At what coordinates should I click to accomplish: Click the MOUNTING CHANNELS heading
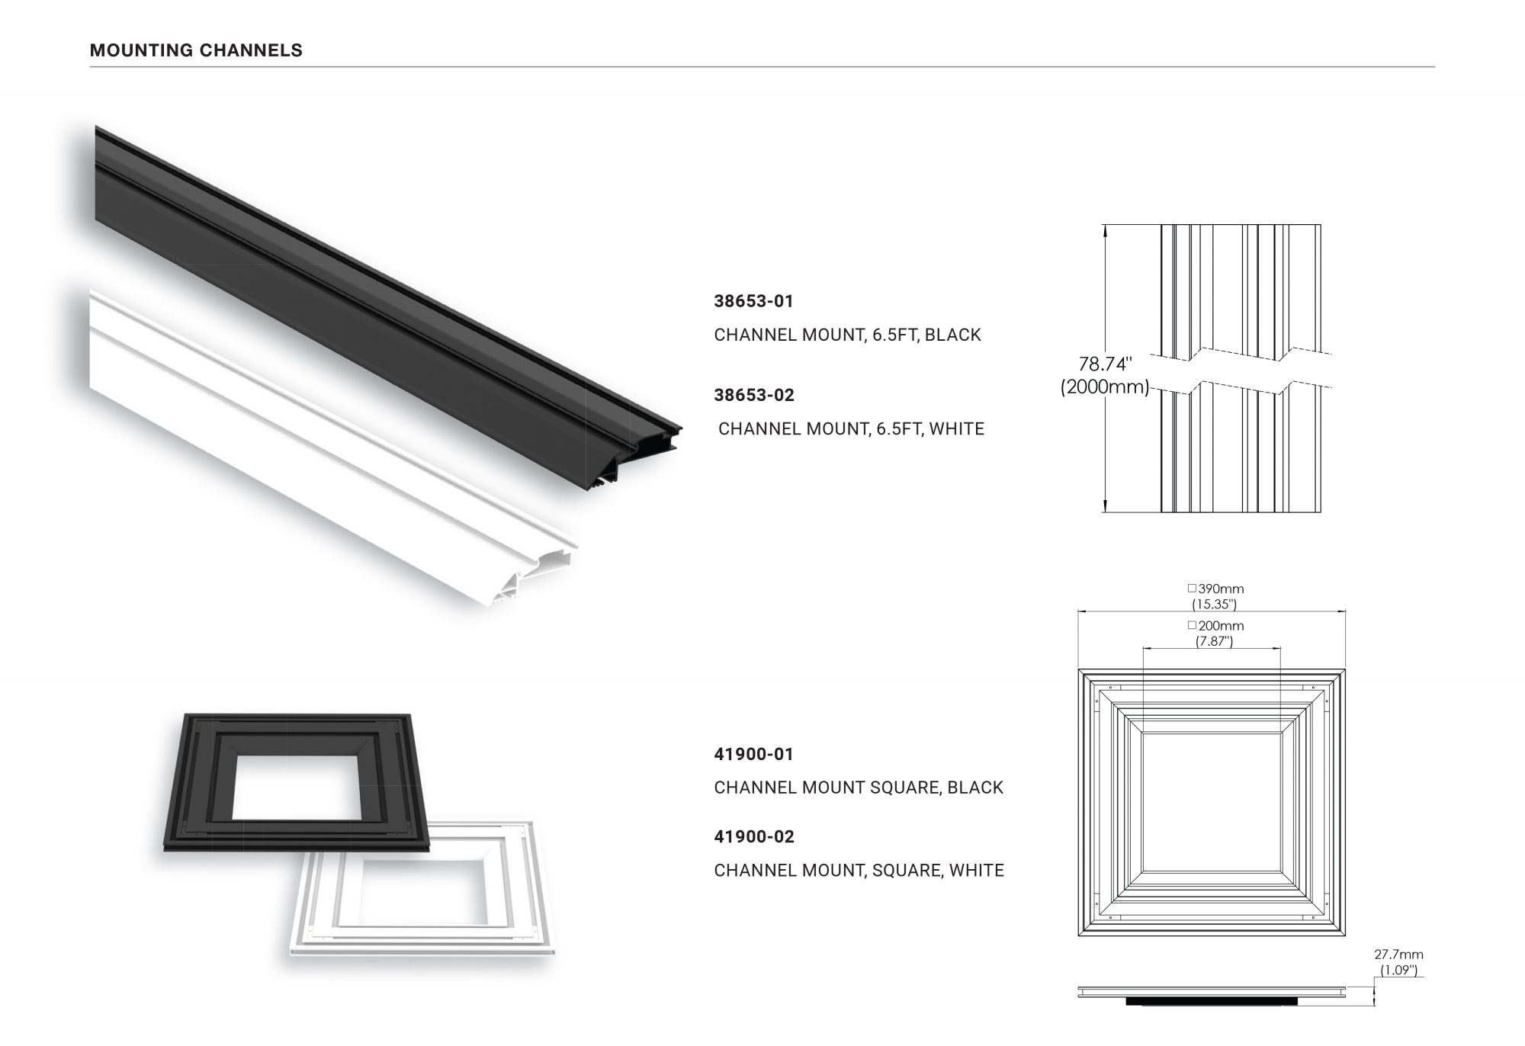(196, 50)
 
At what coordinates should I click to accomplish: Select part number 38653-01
(753, 301)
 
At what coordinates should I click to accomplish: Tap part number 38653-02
(753, 395)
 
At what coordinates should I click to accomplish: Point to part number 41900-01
(753, 754)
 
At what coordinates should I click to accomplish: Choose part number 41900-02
(753, 836)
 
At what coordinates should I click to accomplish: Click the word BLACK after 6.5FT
(952, 335)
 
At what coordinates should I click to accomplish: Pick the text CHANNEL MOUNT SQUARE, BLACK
(858, 788)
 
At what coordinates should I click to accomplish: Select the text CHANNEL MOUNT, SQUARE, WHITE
(859, 870)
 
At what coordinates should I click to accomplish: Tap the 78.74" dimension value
(1105, 364)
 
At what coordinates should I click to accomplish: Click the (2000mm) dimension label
(1104, 387)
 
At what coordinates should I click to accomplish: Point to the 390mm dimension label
(1220, 589)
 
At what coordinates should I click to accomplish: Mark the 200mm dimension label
(1220, 626)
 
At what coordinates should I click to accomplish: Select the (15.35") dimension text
(1214, 605)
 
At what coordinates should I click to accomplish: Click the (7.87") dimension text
(1214, 641)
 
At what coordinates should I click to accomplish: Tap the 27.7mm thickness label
(1398, 955)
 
